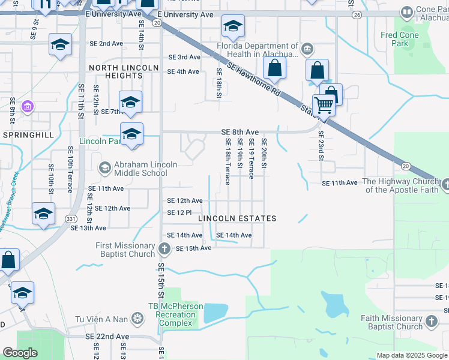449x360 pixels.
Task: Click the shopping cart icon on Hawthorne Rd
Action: [x=324, y=106]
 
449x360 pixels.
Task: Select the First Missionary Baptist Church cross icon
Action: [x=165, y=248]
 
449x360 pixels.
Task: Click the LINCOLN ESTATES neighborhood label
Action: [x=238, y=218]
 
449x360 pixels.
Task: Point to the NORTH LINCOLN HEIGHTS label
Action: [x=116, y=71]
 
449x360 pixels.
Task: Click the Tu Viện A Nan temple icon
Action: [x=138, y=317]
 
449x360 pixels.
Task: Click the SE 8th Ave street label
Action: [x=240, y=132]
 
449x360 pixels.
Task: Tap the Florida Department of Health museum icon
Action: [x=307, y=48]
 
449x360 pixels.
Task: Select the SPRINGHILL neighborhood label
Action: [x=24, y=135]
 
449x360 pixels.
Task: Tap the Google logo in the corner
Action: [x=20, y=353]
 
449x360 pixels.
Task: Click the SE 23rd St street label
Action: [x=321, y=145]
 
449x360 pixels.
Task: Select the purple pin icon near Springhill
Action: [x=27, y=107]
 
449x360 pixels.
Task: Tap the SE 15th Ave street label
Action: [x=193, y=248]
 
